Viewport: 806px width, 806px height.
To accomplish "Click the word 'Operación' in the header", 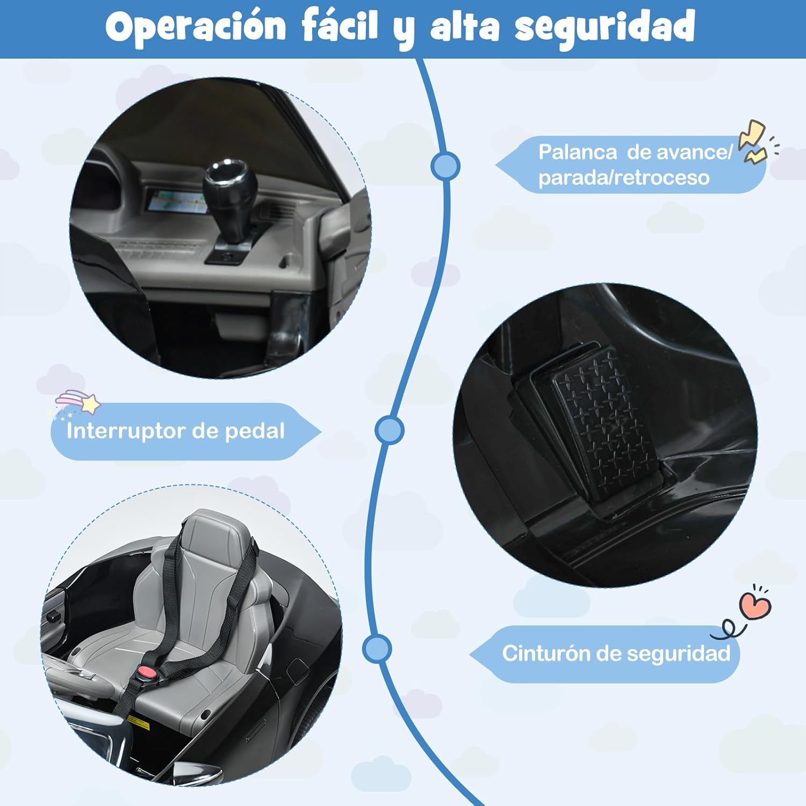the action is tap(196, 26).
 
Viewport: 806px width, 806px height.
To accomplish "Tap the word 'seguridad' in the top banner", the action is tap(605, 26).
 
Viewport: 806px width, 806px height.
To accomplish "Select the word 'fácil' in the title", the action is tap(340, 25).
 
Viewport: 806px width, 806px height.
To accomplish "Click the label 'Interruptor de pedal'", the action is tap(176, 431).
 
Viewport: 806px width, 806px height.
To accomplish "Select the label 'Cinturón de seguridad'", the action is tap(616, 653).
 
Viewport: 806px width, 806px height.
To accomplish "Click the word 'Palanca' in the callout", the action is tap(578, 152).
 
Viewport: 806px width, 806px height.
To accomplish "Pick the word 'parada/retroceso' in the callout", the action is tap(624, 177).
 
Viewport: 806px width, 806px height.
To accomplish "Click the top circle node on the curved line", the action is tap(445, 166).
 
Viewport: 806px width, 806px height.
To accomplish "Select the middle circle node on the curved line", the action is tap(390, 429).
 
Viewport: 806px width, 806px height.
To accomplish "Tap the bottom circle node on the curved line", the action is tap(377, 649).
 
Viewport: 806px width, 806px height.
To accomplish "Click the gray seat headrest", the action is tap(215, 535).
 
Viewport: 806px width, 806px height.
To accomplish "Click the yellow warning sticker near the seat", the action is tap(140, 723).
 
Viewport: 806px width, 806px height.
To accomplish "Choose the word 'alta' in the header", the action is tap(465, 26).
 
